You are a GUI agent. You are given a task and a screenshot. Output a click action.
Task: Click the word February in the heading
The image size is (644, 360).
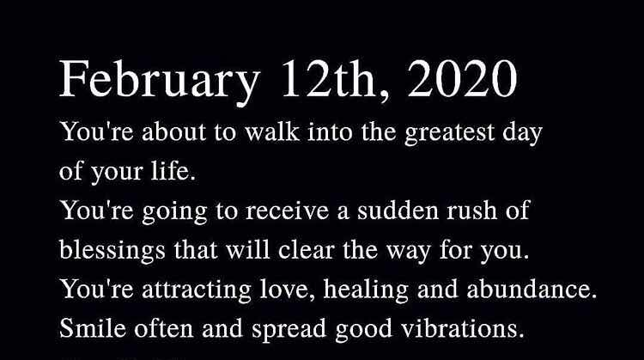160,81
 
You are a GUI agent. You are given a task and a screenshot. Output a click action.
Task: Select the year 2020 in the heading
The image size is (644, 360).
462,78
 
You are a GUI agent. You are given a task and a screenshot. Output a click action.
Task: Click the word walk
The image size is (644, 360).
272,132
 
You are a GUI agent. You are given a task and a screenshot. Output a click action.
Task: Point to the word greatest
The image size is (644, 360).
450,133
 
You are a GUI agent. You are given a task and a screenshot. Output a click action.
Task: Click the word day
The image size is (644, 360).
522,133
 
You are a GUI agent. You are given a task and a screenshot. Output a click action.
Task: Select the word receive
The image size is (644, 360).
288,211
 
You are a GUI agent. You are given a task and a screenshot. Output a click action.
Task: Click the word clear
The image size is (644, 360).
306,250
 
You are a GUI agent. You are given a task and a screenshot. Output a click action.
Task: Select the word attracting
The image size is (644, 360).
197,290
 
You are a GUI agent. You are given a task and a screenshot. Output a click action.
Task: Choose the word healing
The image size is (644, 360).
366,290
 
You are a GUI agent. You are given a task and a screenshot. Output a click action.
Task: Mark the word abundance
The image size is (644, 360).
532,290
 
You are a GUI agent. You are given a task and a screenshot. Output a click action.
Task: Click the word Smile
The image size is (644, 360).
93,328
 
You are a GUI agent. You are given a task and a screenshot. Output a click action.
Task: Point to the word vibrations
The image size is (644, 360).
463,328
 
